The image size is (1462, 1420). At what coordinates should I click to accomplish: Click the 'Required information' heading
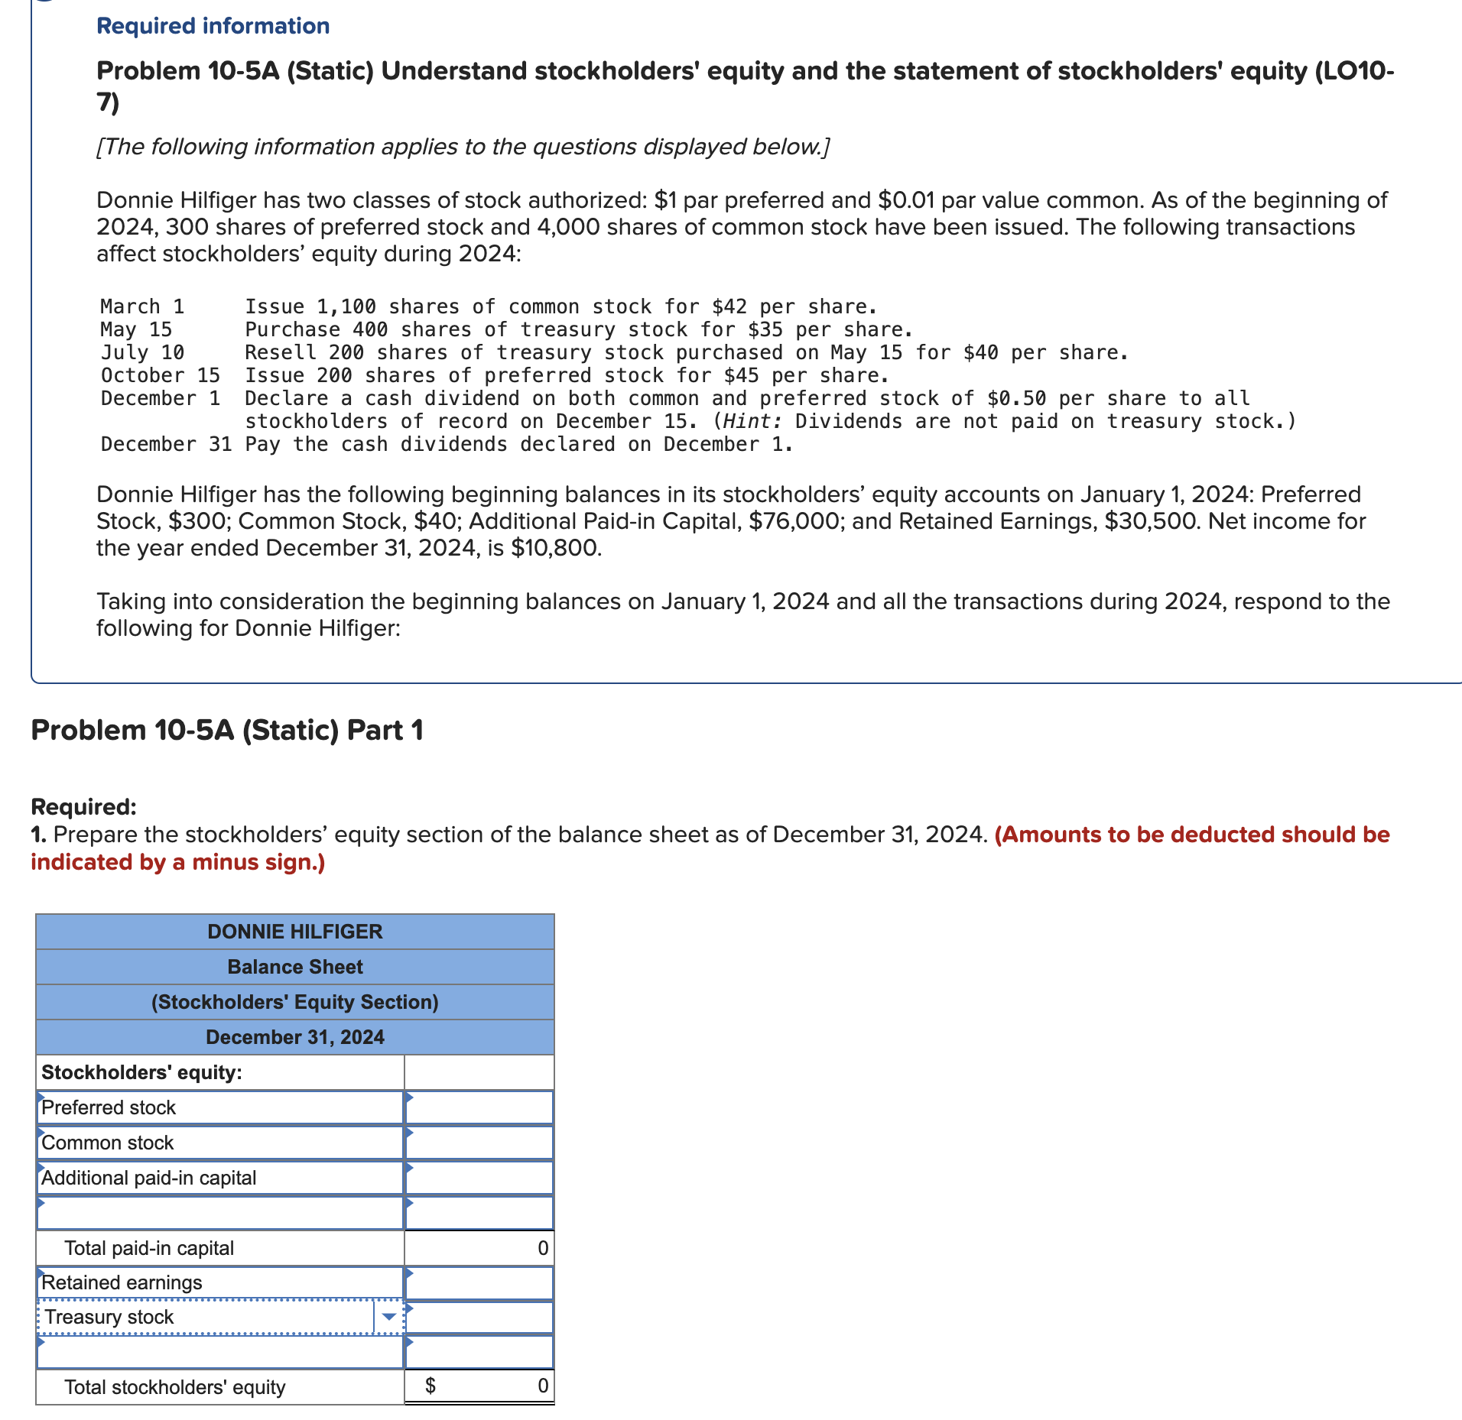pyautogui.click(x=213, y=26)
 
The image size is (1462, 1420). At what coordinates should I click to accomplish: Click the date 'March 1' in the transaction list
pyautogui.click(x=142, y=306)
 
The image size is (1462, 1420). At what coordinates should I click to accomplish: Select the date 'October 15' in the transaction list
pyautogui.click(x=160, y=375)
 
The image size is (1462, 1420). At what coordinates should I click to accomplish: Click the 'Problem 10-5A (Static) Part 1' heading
pyautogui.click(x=226, y=730)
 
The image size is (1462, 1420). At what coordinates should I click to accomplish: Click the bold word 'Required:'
pyautogui.click(x=83, y=806)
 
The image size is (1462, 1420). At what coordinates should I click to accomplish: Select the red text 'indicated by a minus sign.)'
pyautogui.click(x=177, y=862)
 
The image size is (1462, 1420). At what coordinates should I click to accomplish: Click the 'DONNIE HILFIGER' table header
pyautogui.click(x=294, y=931)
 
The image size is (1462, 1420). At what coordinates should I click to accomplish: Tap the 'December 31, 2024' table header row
pyautogui.click(x=294, y=1037)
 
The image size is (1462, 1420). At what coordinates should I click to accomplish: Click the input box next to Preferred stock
pyautogui.click(x=479, y=1107)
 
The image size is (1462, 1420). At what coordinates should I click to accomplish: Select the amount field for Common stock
pyautogui.click(x=479, y=1143)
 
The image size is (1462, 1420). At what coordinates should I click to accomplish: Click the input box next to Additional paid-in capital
pyautogui.click(x=479, y=1178)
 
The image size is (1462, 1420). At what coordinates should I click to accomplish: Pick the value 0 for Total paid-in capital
pyautogui.click(x=542, y=1248)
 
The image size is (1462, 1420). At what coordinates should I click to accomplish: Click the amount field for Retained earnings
pyautogui.click(x=479, y=1282)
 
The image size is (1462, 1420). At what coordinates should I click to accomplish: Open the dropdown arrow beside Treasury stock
pyautogui.click(x=389, y=1317)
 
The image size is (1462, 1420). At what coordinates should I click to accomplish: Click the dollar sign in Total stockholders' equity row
pyautogui.click(x=430, y=1386)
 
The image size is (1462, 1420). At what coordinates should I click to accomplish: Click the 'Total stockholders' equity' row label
pyautogui.click(x=174, y=1387)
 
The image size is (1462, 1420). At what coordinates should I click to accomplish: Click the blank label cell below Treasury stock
pyautogui.click(x=219, y=1352)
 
